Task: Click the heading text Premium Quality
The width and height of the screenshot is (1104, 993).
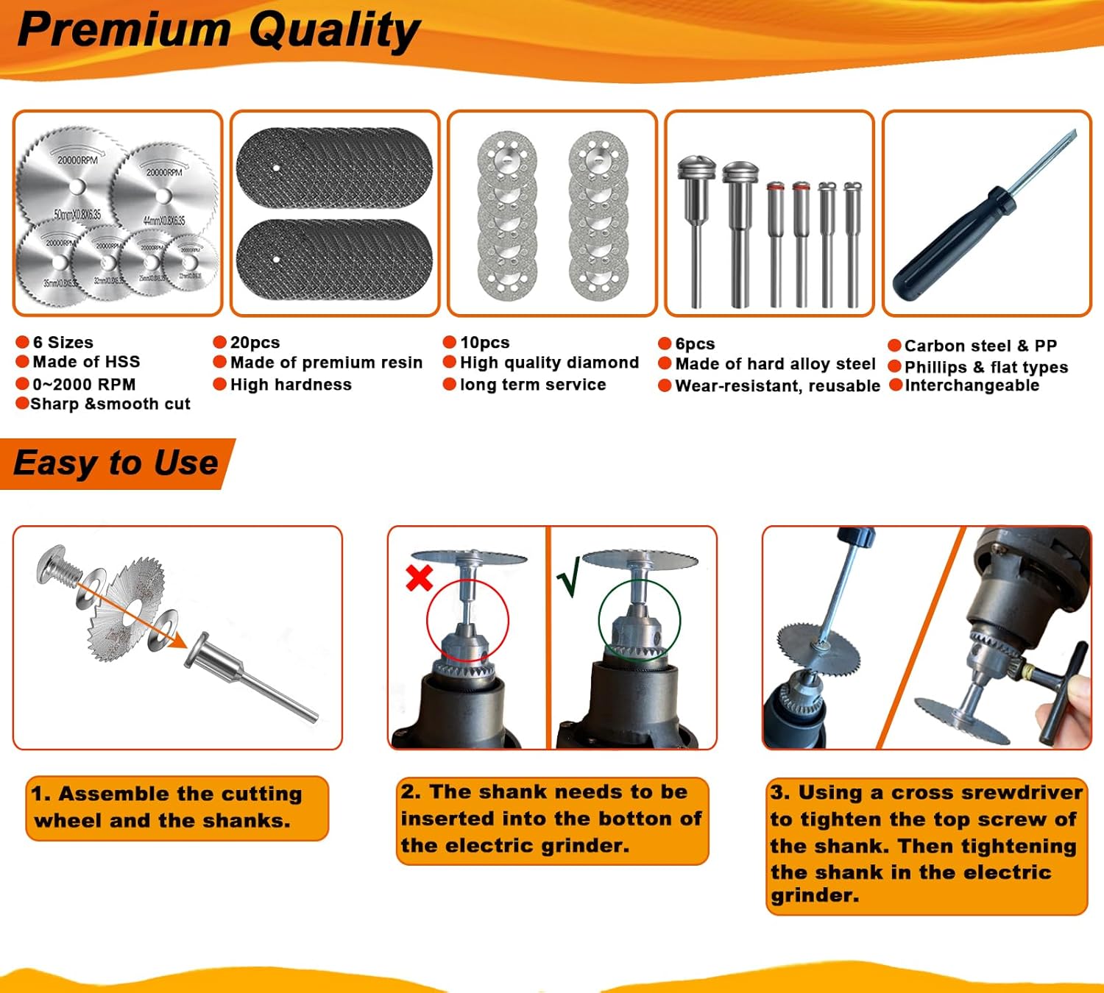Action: click(x=218, y=31)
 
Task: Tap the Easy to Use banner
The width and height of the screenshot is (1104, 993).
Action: click(x=116, y=463)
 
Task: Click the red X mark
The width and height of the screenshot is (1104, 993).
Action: click(x=419, y=578)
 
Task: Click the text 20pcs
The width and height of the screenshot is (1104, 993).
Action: click(x=255, y=343)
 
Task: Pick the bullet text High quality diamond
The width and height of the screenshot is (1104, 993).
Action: click(x=549, y=363)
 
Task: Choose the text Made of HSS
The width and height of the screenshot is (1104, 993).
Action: click(x=86, y=362)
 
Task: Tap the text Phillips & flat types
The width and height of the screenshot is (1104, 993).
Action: click(x=986, y=367)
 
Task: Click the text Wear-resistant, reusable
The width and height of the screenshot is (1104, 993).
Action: click(x=777, y=386)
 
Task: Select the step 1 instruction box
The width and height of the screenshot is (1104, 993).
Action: click(x=177, y=808)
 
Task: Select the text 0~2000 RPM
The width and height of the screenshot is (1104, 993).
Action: click(x=84, y=384)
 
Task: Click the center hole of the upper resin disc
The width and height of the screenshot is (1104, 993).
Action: click(x=276, y=168)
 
